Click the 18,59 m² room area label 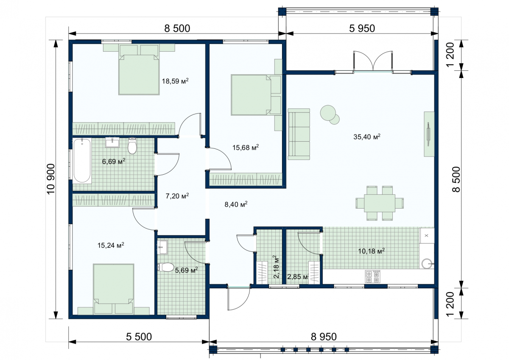[175, 81]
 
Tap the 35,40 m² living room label [367, 137]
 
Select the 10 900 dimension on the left [51, 179]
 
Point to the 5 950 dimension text [362, 28]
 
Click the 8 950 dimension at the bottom [324, 337]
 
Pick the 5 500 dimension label [139, 337]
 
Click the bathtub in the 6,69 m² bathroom [82, 160]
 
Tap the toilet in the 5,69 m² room [165, 267]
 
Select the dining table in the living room [380, 203]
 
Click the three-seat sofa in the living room [299, 134]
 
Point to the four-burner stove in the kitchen [373, 276]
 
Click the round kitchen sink [427, 263]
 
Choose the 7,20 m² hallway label [177, 196]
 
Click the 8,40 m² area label [236, 204]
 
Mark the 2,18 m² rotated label [276, 267]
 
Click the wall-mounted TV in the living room [428, 134]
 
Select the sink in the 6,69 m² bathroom [112, 142]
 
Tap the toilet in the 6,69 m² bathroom [132, 146]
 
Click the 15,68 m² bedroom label [246, 148]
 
